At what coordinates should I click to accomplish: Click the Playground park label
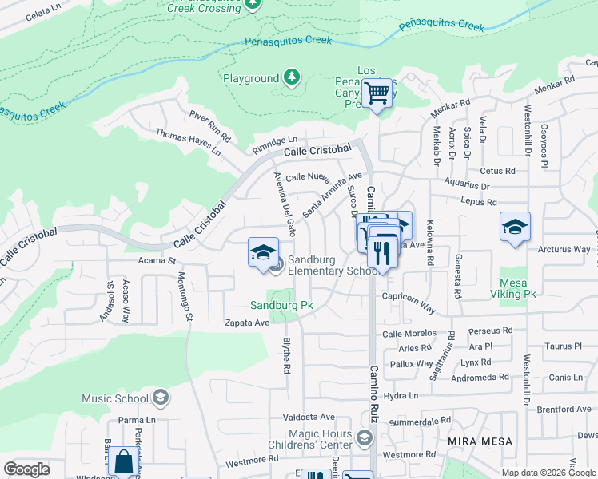pyautogui.click(x=250, y=78)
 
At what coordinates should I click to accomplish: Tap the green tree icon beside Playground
pyautogui.click(x=293, y=77)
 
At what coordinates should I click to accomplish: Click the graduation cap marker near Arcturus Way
pyautogui.click(x=515, y=227)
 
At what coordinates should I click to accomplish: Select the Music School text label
pyautogui.click(x=116, y=398)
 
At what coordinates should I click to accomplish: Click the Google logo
pyautogui.click(x=27, y=469)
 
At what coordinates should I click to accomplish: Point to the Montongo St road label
pyautogui.click(x=185, y=295)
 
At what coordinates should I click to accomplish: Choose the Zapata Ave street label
pyautogui.click(x=247, y=323)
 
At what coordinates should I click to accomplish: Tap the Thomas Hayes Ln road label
pyautogui.click(x=188, y=142)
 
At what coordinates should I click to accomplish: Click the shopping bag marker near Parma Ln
pyautogui.click(x=123, y=461)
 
